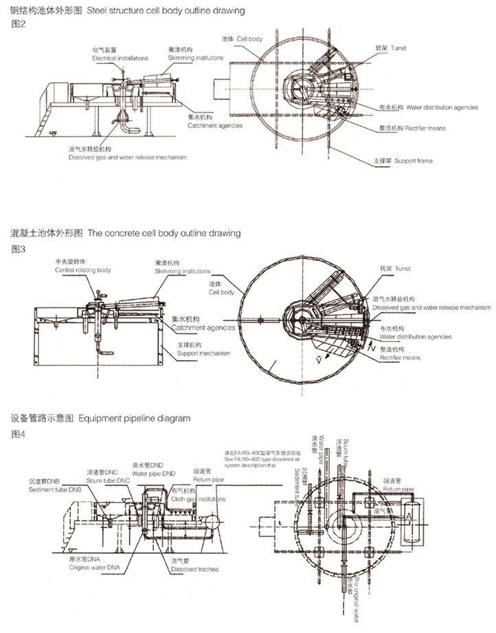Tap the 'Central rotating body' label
tap(82, 271)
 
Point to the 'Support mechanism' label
tap(203, 353)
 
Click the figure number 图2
tap(19, 24)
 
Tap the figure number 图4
tap(19, 433)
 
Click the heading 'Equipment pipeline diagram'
tap(133, 419)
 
